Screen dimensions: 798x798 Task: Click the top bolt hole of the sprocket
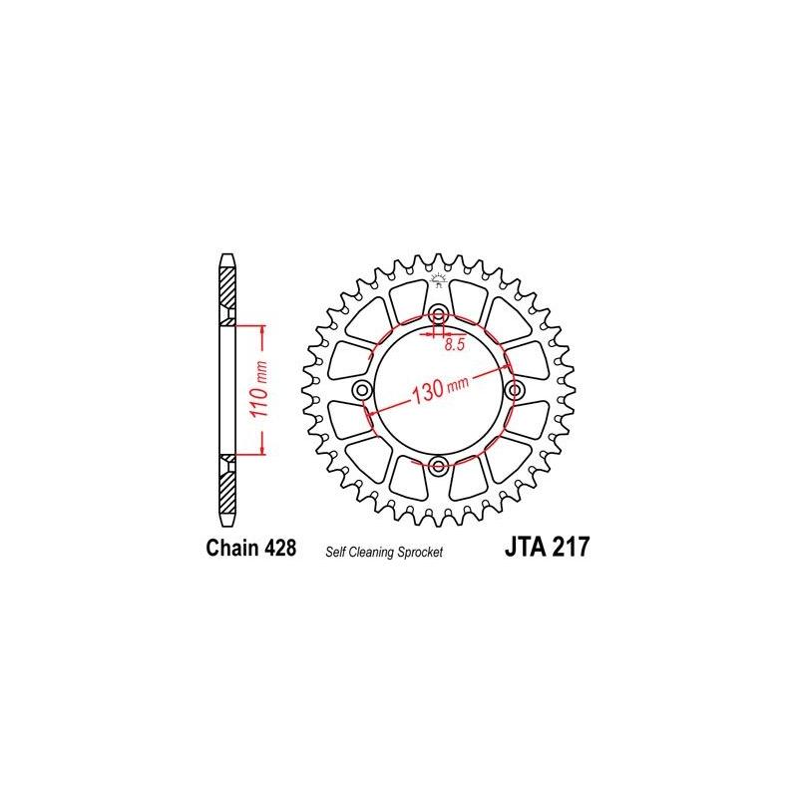tap(438, 316)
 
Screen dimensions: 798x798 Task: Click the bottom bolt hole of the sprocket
tap(438, 464)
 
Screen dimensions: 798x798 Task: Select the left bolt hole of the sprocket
tap(363, 389)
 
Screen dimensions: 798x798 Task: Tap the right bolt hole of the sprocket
tap(513, 389)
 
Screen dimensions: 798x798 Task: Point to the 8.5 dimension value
tap(456, 344)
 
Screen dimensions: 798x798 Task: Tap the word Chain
tap(226, 548)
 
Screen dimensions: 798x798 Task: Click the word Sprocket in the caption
tap(418, 552)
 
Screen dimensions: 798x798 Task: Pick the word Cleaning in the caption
tap(369, 552)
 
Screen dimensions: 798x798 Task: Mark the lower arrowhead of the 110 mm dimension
tap(261, 451)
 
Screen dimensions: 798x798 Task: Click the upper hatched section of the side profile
tap(228, 293)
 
